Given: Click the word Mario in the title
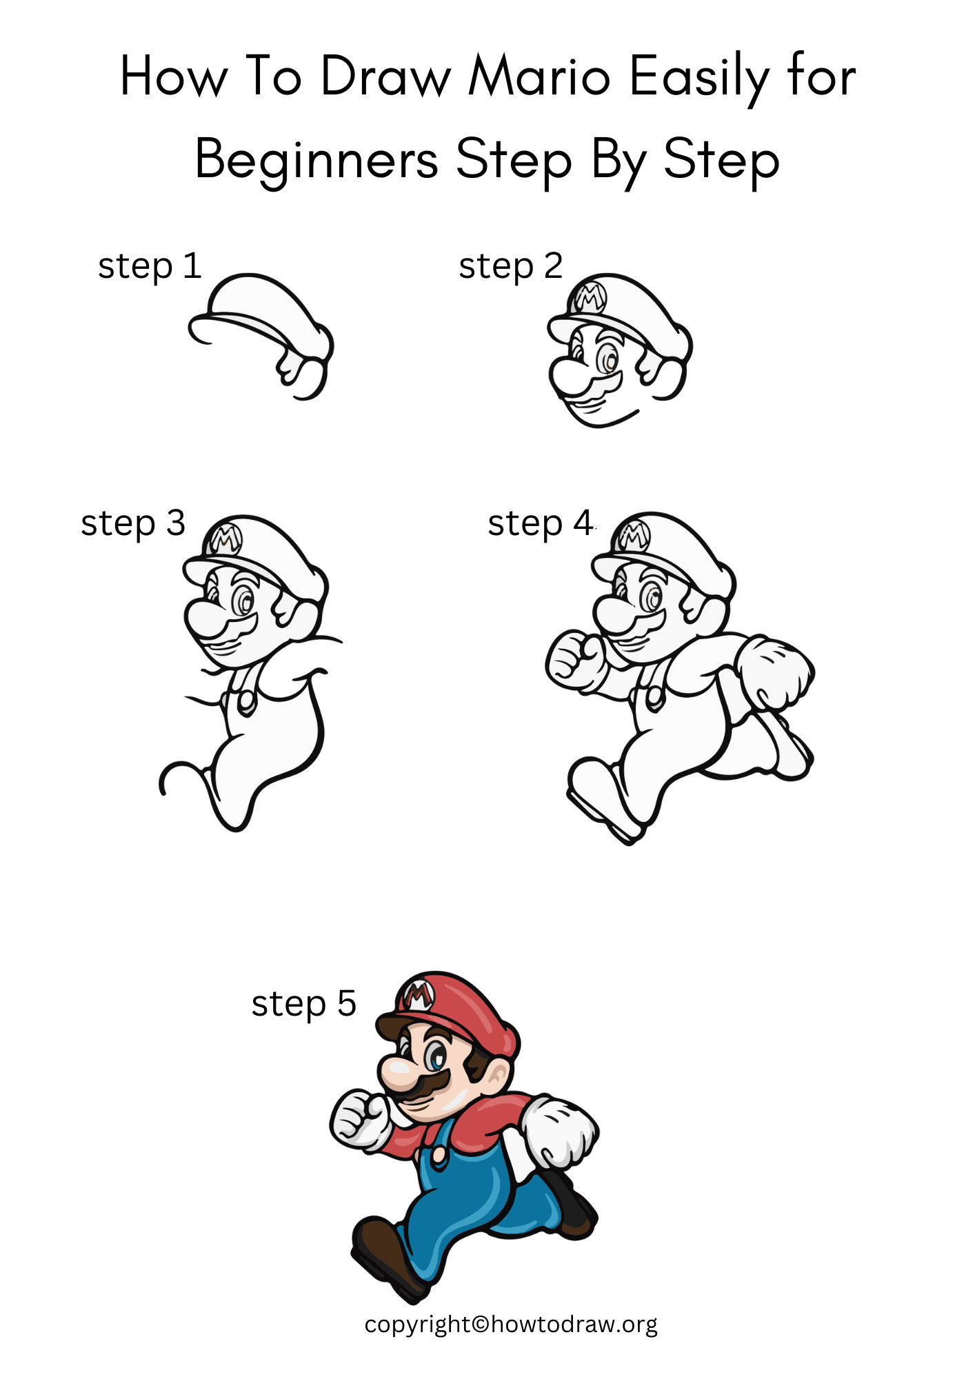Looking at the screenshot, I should (x=539, y=77).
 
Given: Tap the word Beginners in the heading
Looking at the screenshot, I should (x=316, y=161).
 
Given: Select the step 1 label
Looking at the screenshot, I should (x=150, y=267).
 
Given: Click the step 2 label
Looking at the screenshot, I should (x=511, y=267).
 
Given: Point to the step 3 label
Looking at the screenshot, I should (x=133, y=523).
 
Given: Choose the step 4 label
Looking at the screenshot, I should (x=540, y=523).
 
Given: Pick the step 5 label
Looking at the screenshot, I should (x=303, y=1004).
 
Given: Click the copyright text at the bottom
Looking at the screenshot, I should (x=511, y=1325).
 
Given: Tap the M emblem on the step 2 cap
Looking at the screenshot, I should (x=590, y=299).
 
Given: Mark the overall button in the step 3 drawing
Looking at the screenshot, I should (x=246, y=701).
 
